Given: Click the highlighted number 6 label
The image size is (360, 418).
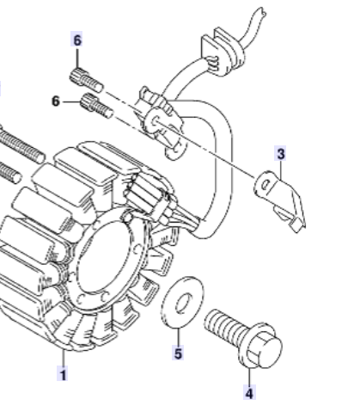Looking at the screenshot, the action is (77, 40).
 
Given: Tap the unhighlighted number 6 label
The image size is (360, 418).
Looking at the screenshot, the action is (56, 101).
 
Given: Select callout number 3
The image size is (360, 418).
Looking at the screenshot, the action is (281, 154).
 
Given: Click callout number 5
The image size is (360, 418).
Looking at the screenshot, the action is (178, 353).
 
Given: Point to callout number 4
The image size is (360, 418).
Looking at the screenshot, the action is (249, 393).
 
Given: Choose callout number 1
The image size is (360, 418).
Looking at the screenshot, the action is (63, 374).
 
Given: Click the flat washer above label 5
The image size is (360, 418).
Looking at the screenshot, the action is (183, 302).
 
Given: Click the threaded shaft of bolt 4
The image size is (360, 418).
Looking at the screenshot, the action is (223, 324).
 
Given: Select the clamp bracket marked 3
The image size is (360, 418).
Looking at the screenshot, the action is (279, 200).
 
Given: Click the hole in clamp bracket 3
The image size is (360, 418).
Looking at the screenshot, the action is (266, 185).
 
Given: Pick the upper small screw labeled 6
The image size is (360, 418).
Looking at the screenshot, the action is (86, 80).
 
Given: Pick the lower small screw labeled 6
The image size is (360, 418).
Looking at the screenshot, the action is (97, 106).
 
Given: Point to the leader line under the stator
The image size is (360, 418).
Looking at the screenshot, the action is (64, 357).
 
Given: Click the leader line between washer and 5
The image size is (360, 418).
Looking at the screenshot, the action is (179, 337).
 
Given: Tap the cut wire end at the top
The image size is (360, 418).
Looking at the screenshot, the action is (262, 12).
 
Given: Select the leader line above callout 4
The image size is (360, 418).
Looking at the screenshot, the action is (249, 376).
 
